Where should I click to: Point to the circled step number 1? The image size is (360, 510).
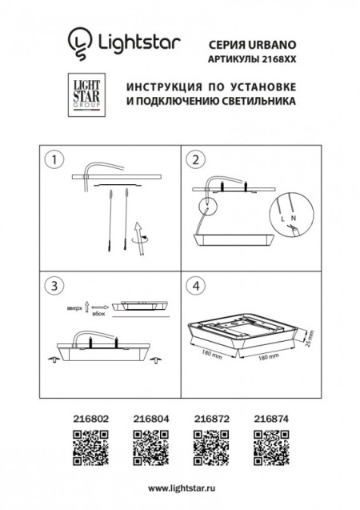(x=54, y=160)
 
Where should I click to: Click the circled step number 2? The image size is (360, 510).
(x=194, y=160)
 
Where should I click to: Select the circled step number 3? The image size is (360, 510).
(x=54, y=285)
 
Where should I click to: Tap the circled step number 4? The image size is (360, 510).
(x=194, y=285)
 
